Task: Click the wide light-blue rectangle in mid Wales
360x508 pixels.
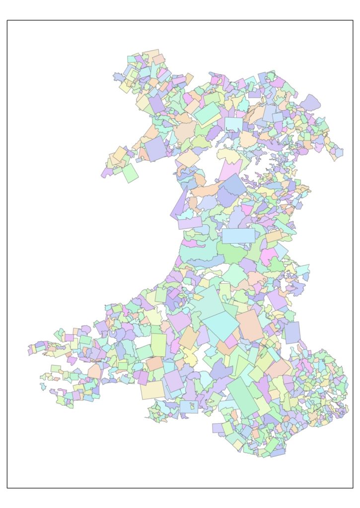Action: point(238,236)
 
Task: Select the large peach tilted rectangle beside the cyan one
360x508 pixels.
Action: point(249,325)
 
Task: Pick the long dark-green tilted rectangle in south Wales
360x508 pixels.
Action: point(243,397)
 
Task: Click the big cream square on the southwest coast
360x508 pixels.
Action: point(152,390)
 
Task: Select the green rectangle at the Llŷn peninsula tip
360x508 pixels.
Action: point(130,173)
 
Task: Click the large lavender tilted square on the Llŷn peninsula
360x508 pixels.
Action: point(156,149)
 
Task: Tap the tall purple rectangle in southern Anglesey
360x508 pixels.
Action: point(156,104)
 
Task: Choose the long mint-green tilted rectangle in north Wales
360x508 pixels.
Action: point(207,114)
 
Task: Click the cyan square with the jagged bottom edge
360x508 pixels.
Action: point(234,124)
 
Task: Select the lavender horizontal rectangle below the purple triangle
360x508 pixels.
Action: point(190,223)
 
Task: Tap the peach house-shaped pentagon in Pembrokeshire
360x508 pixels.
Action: point(95,372)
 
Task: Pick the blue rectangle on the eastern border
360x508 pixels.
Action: point(292,332)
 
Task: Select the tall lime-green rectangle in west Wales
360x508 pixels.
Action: point(159,344)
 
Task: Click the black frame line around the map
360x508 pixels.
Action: point(7,248)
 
